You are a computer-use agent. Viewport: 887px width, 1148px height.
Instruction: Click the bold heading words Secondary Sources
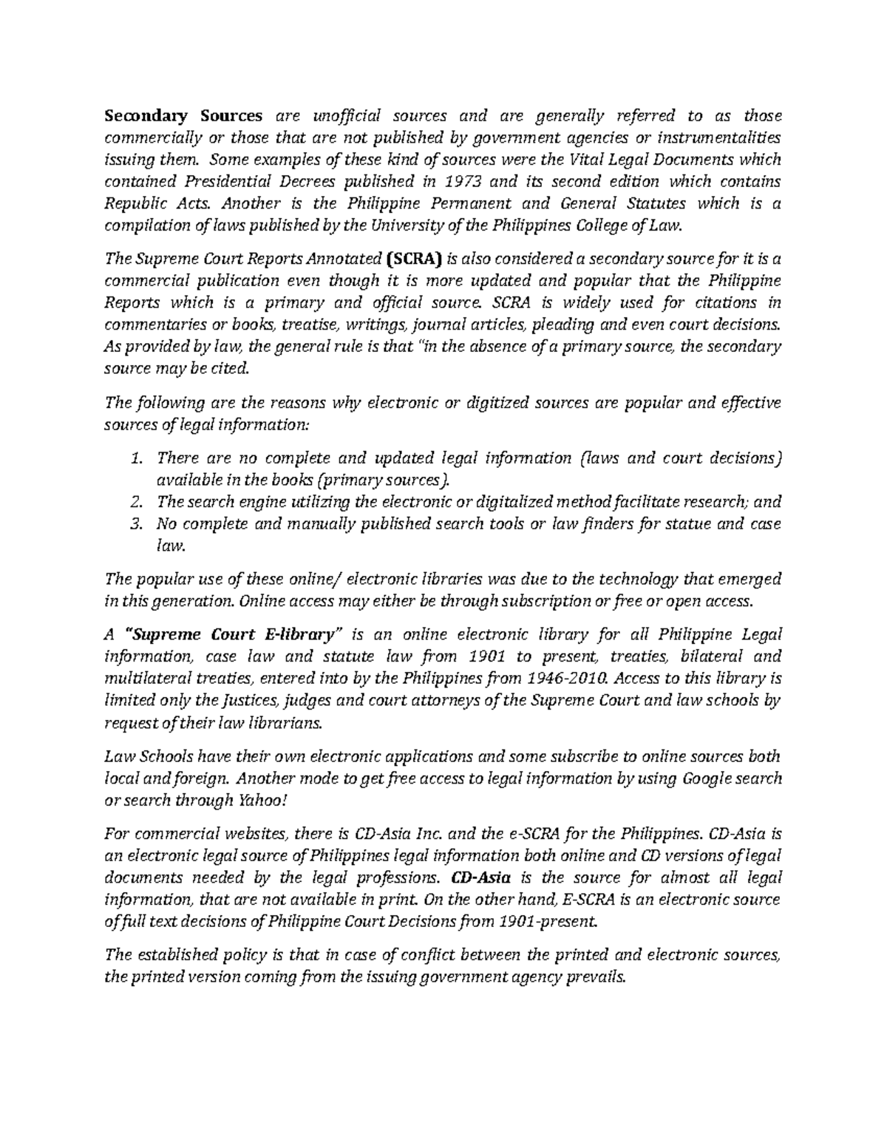coord(183,115)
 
